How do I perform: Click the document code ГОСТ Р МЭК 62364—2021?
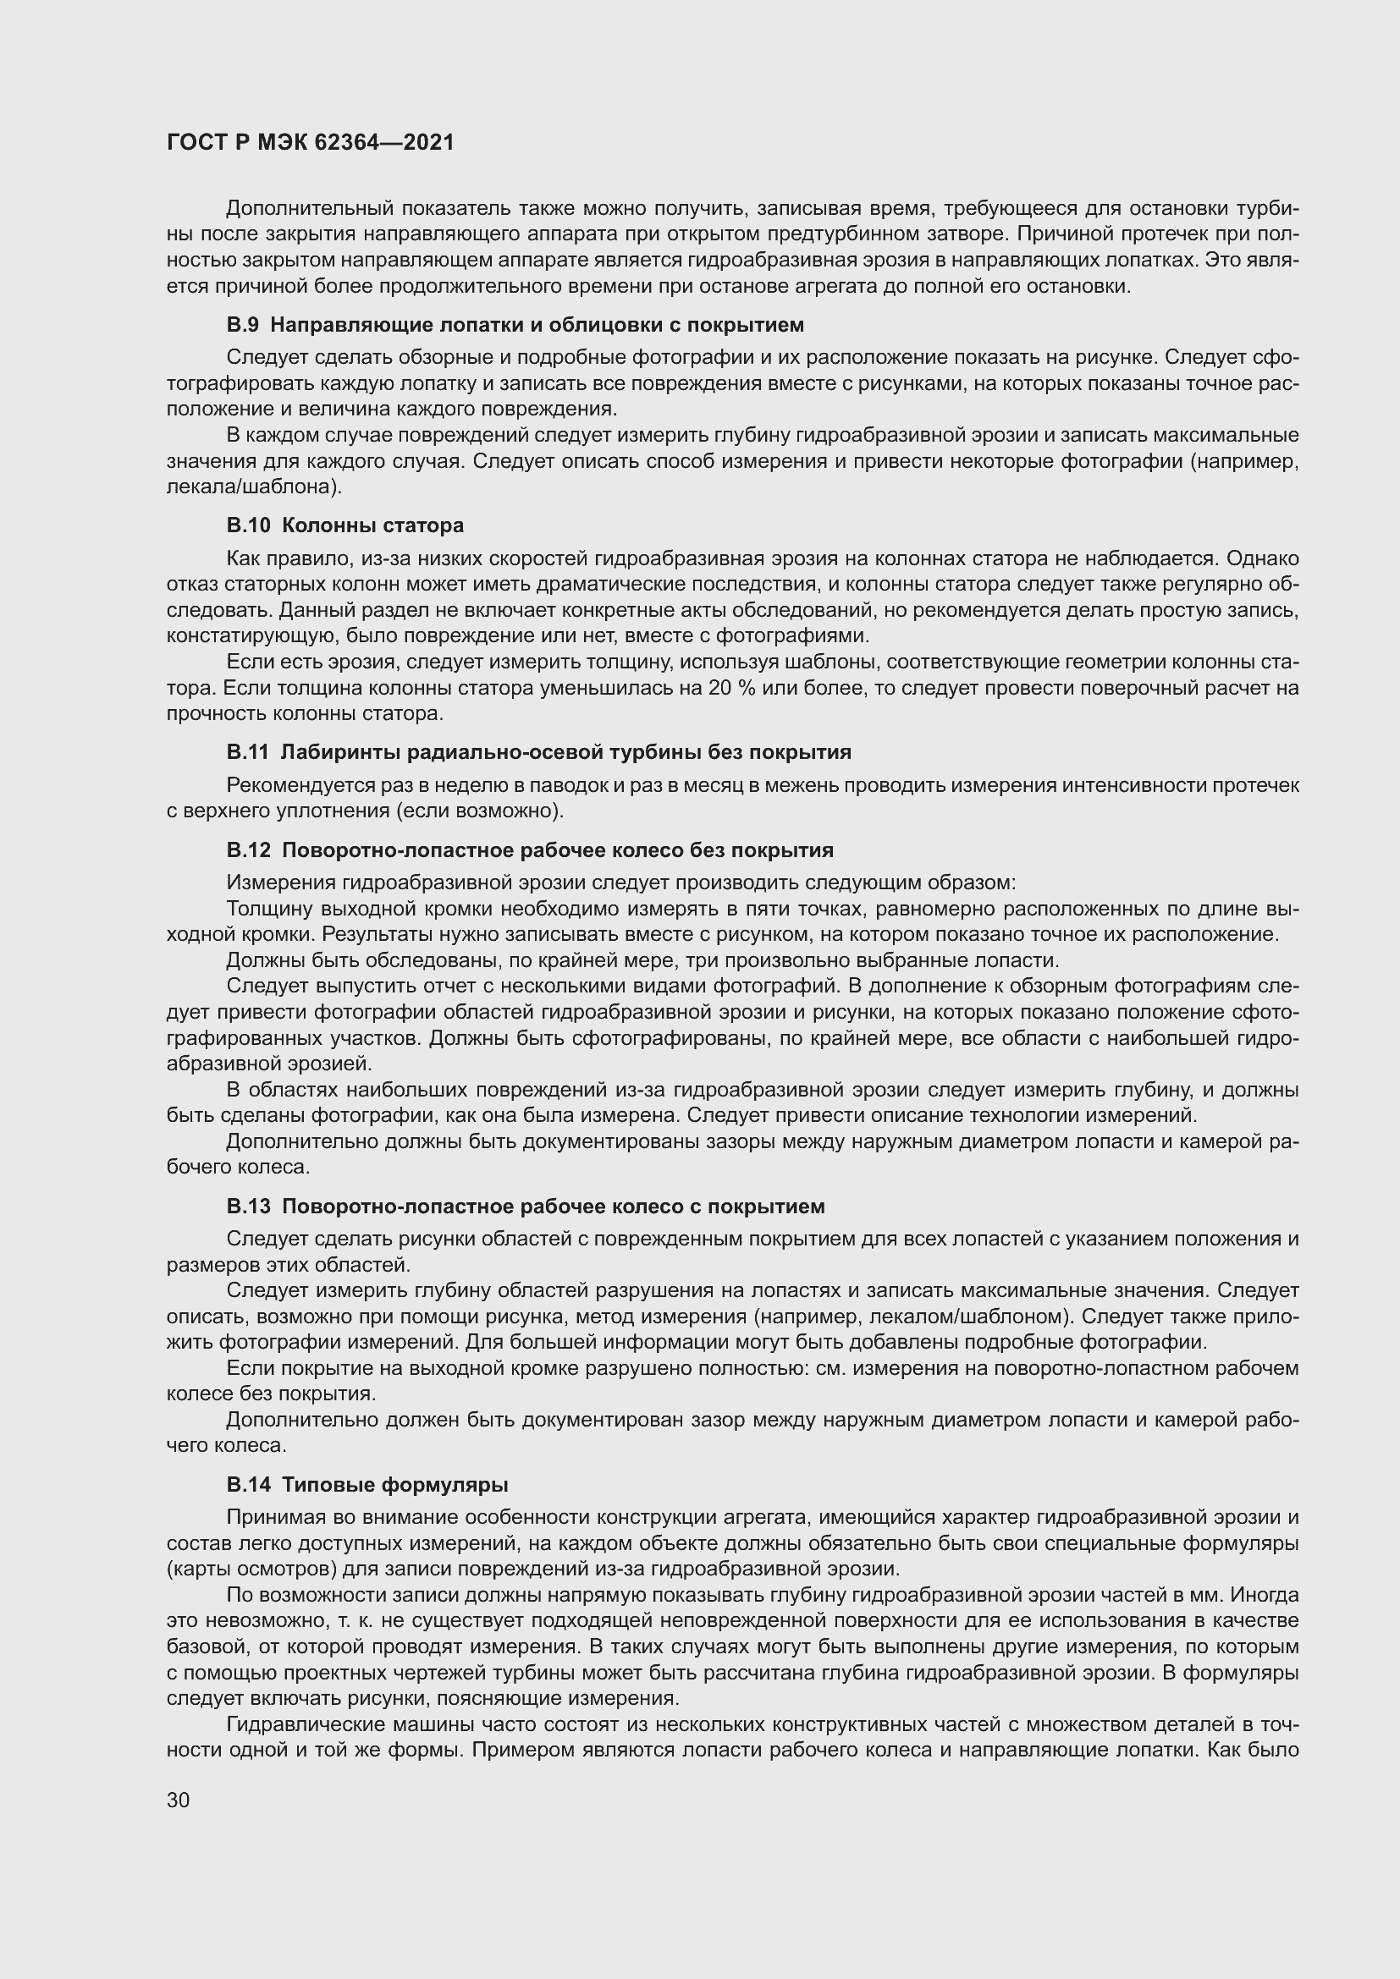(x=311, y=143)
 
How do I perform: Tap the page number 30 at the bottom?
(x=179, y=1800)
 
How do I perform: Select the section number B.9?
(x=242, y=325)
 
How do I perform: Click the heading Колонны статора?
(x=372, y=525)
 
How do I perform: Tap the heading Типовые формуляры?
(x=394, y=1484)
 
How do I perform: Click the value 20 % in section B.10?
(x=732, y=688)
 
